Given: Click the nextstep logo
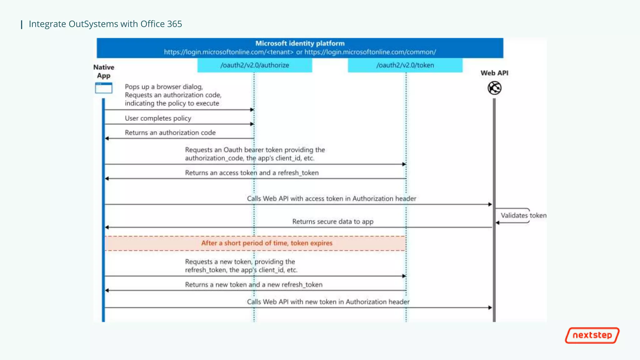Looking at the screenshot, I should coord(592,335).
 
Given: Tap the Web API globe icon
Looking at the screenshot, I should coord(494,88).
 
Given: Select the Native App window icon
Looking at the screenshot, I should coord(103,88).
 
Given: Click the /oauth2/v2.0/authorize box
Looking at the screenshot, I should coord(255,65).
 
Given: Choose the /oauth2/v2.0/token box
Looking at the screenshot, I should coord(405,65).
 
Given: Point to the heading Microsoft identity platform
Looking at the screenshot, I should coord(300,43).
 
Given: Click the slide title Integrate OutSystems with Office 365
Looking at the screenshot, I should coord(105,24).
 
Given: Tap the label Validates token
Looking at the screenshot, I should coord(523,215).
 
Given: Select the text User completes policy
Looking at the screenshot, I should coord(158,118).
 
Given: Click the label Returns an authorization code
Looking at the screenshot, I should coord(170,132).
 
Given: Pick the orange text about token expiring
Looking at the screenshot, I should coord(267,243).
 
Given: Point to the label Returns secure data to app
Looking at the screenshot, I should coord(333,222).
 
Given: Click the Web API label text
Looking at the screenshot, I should coord(494,73).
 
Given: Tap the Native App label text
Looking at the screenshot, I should coord(104,71).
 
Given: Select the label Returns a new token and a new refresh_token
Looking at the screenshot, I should coord(253,285).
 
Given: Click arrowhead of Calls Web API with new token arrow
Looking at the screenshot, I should coord(490,307).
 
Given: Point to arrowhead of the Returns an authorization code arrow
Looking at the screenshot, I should coord(107,138).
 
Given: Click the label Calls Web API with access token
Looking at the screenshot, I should coord(331,198).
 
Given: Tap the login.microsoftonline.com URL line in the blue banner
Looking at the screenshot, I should coord(300,52).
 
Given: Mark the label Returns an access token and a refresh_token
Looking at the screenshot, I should coord(252,173).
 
